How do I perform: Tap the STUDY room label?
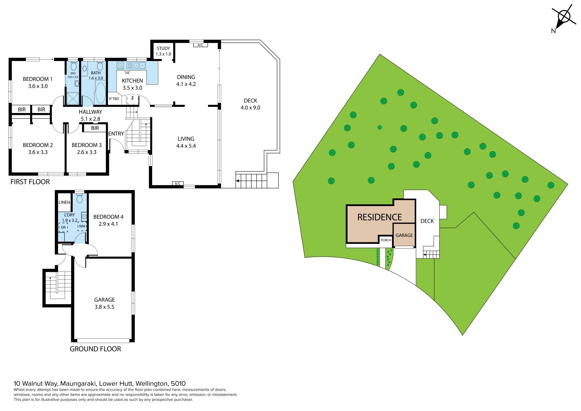(163, 48)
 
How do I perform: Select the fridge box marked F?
(133, 99)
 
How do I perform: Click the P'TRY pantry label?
(114, 99)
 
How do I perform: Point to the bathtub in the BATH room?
(100, 92)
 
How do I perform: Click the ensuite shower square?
(73, 98)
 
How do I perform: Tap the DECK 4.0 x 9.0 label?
(250, 104)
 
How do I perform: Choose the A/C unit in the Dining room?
(200, 45)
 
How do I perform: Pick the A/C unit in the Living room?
(178, 184)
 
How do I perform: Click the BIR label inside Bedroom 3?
(95, 128)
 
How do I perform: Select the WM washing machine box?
(82, 226)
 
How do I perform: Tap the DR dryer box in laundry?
(63, 227)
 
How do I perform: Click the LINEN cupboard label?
(64, 202)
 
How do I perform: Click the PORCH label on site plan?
(386, 240)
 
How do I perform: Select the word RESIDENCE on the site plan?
(379, 217)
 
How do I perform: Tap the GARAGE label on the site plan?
(404, 235)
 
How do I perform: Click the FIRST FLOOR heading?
(30, 182)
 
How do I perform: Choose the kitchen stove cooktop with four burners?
(120, 65)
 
